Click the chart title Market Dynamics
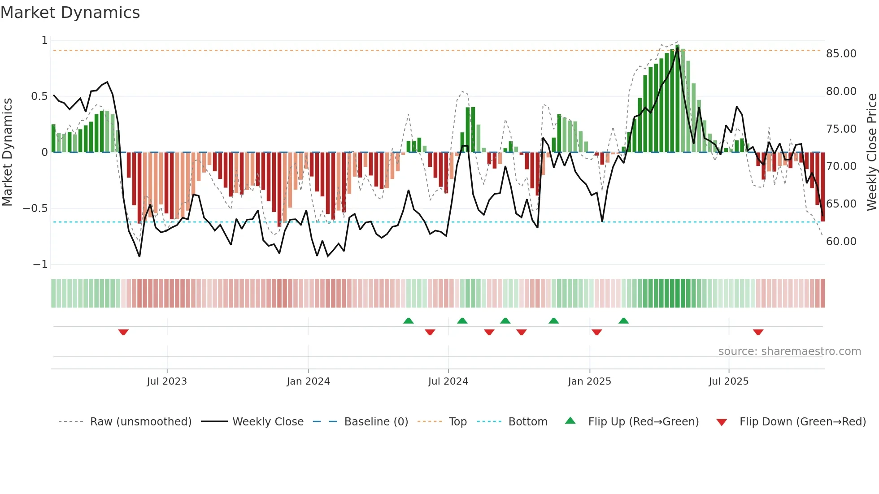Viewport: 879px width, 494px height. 70,13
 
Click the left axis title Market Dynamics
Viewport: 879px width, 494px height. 7,152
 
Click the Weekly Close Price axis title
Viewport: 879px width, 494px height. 871,152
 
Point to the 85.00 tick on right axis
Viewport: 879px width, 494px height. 841,54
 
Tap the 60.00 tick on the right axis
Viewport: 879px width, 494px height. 841,242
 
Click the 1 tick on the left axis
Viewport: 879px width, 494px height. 44,40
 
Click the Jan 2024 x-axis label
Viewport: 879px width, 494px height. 308,381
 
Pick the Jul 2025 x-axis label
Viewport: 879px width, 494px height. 728,381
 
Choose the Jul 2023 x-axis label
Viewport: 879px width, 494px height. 167,381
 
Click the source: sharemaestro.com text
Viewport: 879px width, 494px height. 789,351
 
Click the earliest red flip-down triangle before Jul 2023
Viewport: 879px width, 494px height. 123,332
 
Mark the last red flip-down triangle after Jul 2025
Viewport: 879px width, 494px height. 758,332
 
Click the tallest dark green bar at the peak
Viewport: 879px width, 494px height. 677,99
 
